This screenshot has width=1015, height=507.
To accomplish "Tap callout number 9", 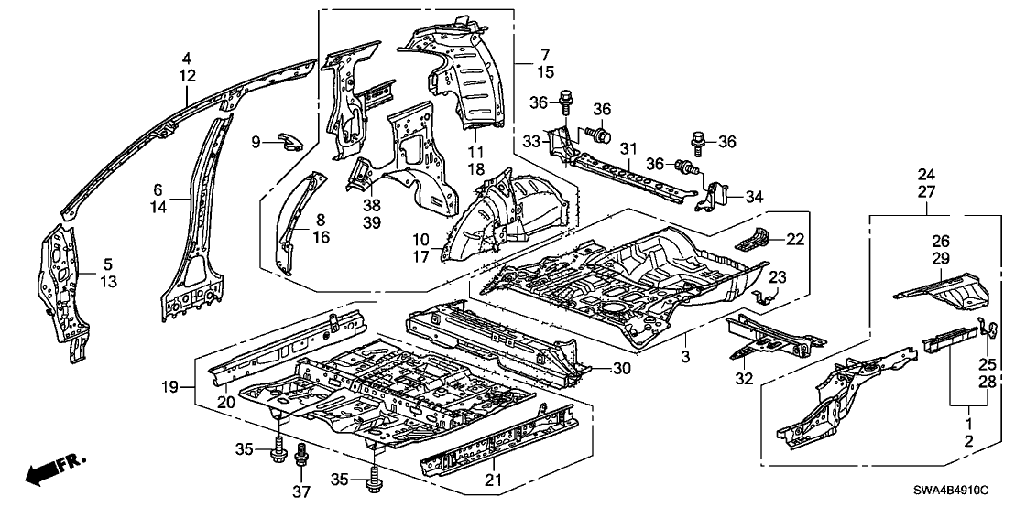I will click(257, 141).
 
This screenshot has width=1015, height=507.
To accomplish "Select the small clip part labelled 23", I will click(764, 295).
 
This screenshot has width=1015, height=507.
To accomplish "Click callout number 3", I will click(686, 352).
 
